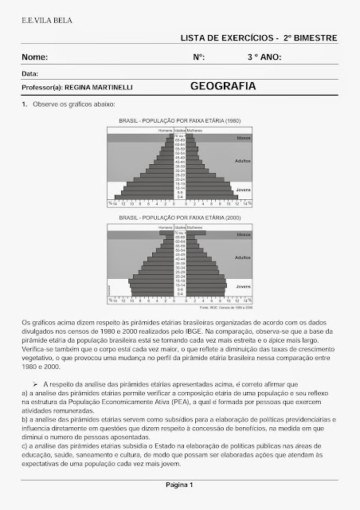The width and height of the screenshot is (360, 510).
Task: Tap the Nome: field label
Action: (x=35, y=57)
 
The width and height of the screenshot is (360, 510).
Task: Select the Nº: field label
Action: (x=198, y=57)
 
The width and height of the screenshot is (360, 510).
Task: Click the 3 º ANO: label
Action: (x=264, y=57)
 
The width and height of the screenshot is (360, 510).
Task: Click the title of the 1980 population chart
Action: (x=179, y=120)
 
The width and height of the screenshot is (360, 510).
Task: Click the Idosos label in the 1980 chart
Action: (x=243, y=138)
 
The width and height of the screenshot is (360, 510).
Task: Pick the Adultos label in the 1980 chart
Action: (x=243, y=160)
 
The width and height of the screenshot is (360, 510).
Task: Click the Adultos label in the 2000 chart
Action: (x=243, y=258)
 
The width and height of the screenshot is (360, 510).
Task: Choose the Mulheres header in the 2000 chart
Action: (x=197, y=227)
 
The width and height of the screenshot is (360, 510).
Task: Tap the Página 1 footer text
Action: (x=179, y=484)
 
